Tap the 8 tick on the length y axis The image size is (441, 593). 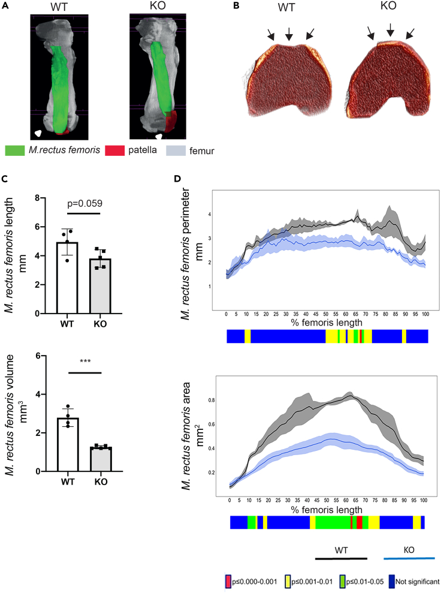coord(36,198)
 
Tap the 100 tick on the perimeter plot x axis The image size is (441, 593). coord(425,314)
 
